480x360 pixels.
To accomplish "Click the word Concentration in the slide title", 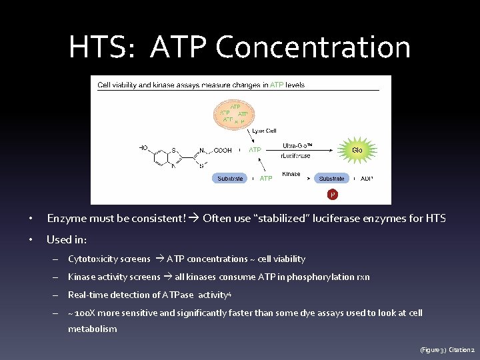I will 313,47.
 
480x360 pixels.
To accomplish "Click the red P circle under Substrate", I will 332,194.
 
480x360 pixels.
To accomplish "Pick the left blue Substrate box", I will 231,178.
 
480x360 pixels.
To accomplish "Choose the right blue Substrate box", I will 331,178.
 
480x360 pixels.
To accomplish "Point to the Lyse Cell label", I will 264,131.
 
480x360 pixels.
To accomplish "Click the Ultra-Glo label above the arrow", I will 297,145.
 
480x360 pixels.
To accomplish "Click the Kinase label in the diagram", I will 291,174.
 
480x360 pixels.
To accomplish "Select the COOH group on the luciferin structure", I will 222,151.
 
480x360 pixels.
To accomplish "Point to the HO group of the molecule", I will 143,147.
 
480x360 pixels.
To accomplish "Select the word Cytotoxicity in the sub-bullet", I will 90,259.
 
